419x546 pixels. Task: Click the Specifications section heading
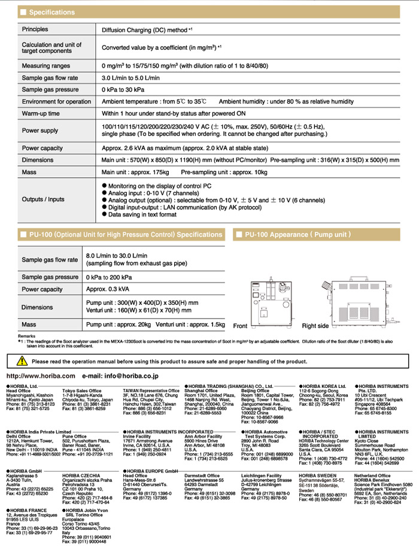click(x=52, y=12)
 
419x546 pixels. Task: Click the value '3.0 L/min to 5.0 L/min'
click(x=130, y=77)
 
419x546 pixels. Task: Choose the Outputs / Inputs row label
click(x=43, y=199)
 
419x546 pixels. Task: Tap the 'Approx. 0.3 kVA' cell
click(x=109, y=289)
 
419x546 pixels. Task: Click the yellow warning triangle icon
click(x=22, y=361)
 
